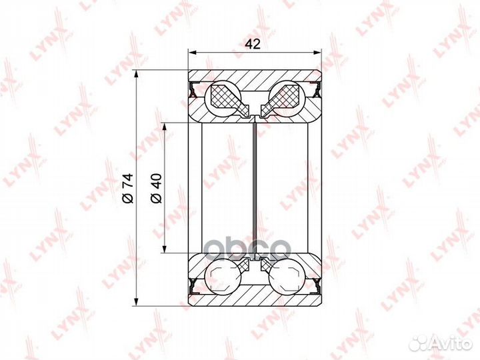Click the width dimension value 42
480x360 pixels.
[253, 45]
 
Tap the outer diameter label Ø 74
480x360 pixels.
[128, 187]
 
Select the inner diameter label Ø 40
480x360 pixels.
[156, 188]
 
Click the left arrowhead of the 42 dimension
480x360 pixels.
[191, 53]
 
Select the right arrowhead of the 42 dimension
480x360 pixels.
[318, 53]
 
